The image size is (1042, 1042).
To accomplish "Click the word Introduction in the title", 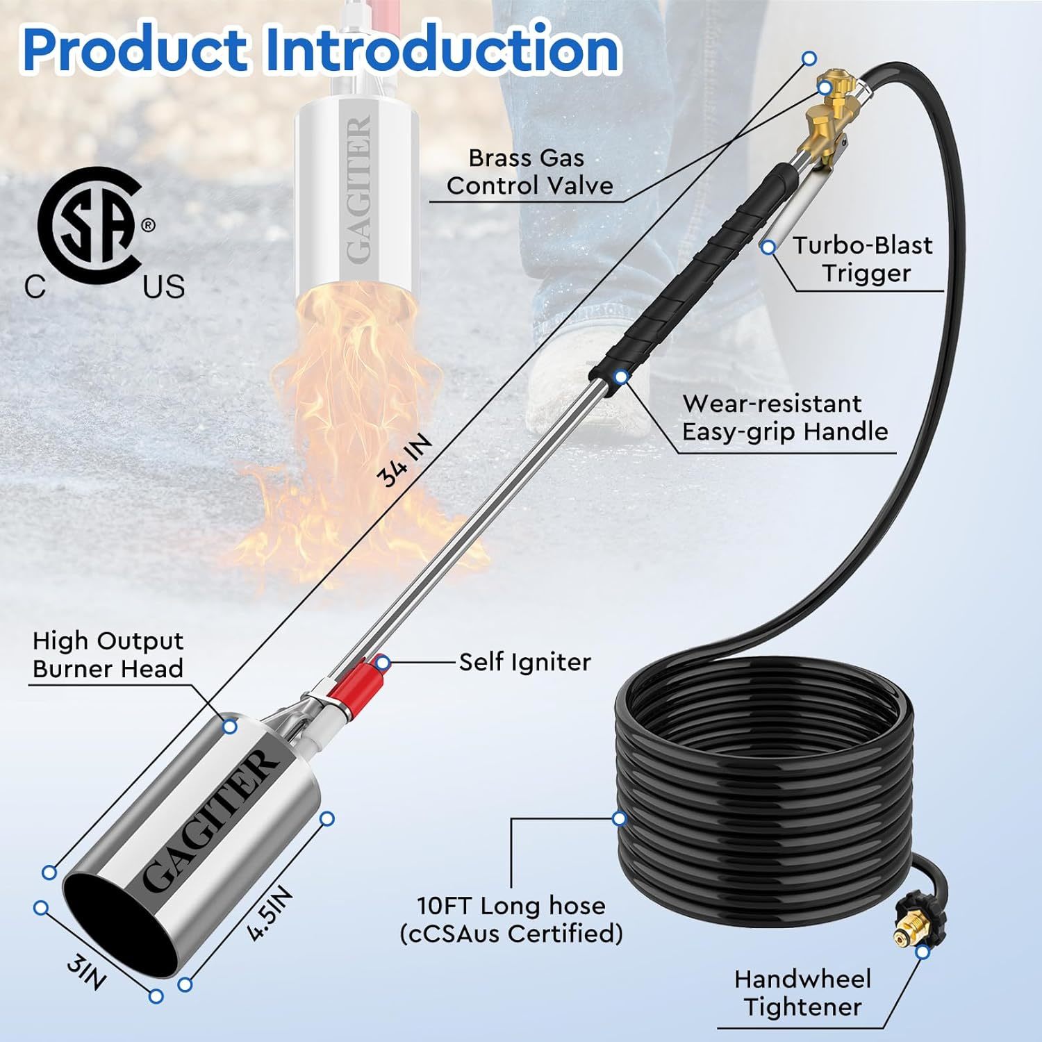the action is [442, 49].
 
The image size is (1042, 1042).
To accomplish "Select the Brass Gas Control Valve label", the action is [529, 172].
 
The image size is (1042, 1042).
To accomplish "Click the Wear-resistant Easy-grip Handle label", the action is [785, 417].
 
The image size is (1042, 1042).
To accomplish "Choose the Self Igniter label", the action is [524, 661].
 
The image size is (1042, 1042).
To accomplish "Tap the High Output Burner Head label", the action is [108, 654].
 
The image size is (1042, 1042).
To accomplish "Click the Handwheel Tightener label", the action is [802, 993].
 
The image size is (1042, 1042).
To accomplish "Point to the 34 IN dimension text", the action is [404, 461].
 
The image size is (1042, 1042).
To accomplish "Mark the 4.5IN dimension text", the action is [271, 915].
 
